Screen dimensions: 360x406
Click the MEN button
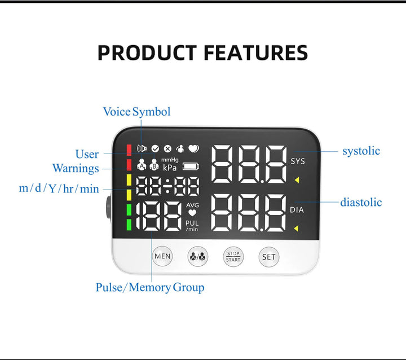162,256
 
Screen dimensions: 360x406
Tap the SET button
269,257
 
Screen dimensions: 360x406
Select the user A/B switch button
198,256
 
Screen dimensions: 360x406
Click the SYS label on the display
297,161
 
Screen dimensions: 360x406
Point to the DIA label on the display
297,210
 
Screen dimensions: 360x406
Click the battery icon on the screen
191,166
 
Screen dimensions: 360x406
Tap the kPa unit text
170,168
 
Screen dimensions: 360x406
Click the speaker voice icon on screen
142,149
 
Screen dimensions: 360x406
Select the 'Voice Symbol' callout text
136,112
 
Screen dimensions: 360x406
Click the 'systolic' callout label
361,151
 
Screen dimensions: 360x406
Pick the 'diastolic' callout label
361,202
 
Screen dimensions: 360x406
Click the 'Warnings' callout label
76,168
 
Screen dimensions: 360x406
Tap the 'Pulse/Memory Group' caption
150,287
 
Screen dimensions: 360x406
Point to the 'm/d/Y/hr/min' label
59,188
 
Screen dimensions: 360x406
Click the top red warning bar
129,150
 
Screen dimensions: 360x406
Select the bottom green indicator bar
129,225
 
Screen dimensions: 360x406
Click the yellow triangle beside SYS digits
296,181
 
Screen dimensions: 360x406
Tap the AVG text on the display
192,205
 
